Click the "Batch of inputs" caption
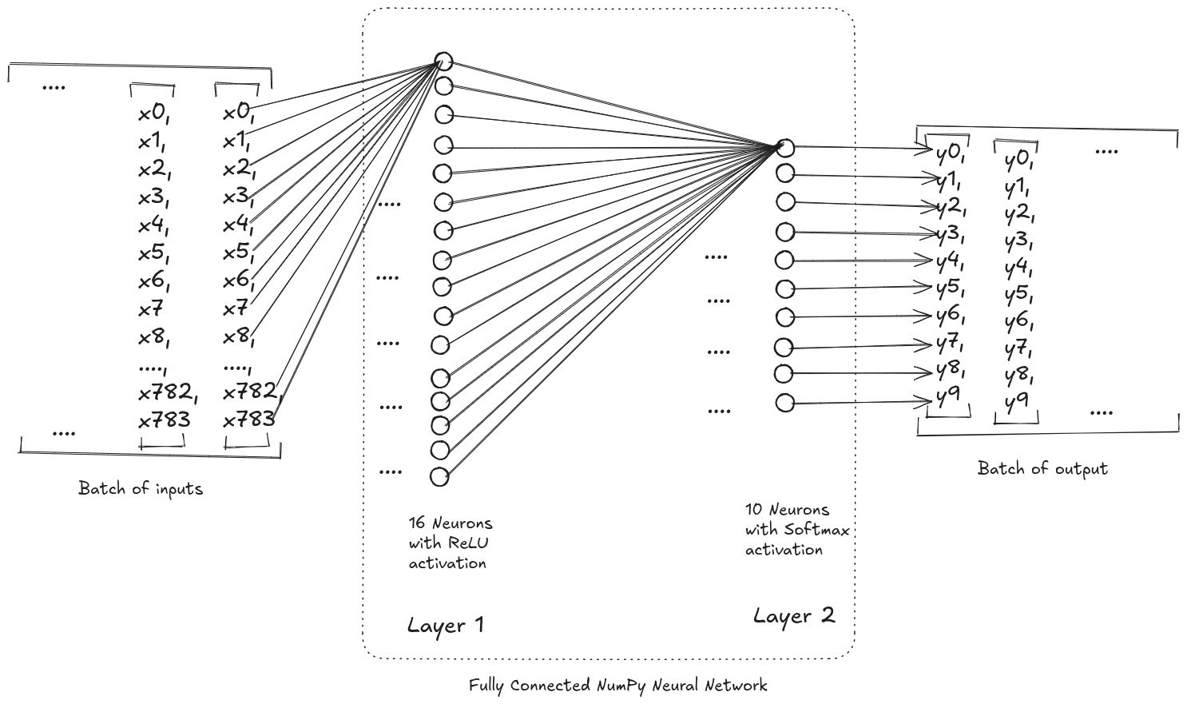coord(141,488)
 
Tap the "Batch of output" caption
coord(1042,468)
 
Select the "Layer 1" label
coord(446,625)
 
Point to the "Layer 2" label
coord(794,616)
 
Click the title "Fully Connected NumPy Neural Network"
coord(617,686)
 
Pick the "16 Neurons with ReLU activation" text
coord(451,543)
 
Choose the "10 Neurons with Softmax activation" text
coord(796,529)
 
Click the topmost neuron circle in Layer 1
coord(443,62)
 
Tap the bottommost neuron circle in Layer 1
coord(439,477)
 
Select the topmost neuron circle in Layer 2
coord(785,148)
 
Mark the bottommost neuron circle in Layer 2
coord(785,403)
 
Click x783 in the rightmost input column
coord(248,419)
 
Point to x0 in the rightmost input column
coord(238,113)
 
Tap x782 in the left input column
coord(167,392)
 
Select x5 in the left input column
coord(154,253)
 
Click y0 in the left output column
coord(951,154)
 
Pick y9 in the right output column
coord(1015,402)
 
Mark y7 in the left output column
coord(950,344)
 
